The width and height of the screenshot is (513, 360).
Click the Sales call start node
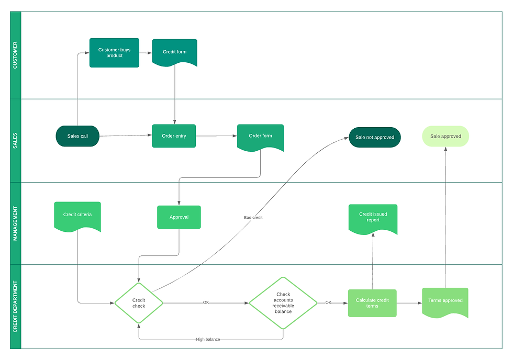[77, 136]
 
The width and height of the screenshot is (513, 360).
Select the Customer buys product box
[114, 53]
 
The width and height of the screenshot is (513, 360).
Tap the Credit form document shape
[174, 52]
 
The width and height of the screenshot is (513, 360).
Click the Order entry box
[174, 136]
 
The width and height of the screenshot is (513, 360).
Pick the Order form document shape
[260, 137]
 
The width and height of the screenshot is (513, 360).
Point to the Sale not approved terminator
[374, 137]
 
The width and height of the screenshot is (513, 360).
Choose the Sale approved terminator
[445, 136]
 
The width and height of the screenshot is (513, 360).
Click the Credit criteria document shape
[77, 215]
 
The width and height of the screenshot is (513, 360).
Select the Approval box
[179, 217]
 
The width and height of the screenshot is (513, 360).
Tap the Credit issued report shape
[373, 218]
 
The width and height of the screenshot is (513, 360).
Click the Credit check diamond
[139, 303]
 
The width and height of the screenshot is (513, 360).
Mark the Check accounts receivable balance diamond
[283, 303]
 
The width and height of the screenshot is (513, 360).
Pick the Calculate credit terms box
[372, 303]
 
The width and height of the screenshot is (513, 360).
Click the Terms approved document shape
[445, 301]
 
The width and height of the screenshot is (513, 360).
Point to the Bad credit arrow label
[253, 217]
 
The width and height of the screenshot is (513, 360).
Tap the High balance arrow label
[208, 340]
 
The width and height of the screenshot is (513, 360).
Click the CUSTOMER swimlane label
[15, 55]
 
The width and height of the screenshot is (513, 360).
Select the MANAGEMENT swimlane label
[15, 223]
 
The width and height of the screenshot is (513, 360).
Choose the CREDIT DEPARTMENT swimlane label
[15, 307]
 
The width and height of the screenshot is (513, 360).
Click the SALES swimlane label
[15, 140]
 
